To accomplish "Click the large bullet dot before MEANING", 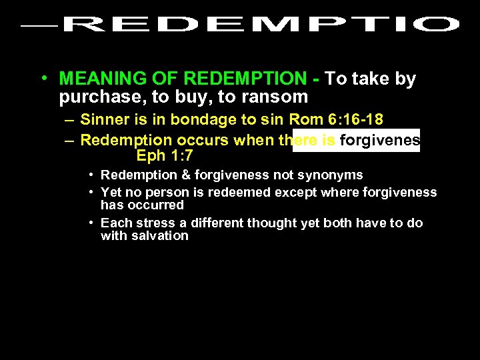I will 43,79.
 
